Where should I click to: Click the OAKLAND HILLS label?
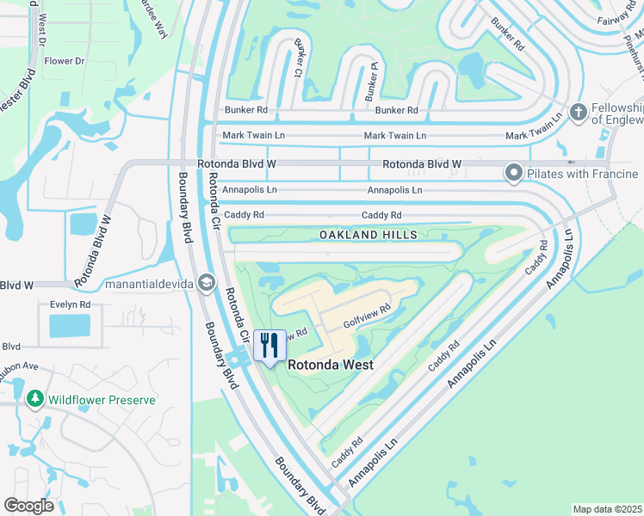[x=368, y=235]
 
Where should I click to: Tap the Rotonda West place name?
[x=330, y=365]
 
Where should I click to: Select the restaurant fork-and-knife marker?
[x=269, y=346]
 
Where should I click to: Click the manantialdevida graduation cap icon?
[x=206, y=282]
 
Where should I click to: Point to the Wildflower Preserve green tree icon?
[x=34, y=399]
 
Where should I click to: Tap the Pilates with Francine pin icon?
[x=514, y=174]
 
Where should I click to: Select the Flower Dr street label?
[x=65, y=61]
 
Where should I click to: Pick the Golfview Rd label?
[x=368, y=316]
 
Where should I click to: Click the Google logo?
[x=28, y=506]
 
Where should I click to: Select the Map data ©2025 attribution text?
[x=606, y=509]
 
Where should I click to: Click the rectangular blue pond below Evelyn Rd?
[x=69, y=326]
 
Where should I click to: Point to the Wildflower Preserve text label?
[x=102, y=400]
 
